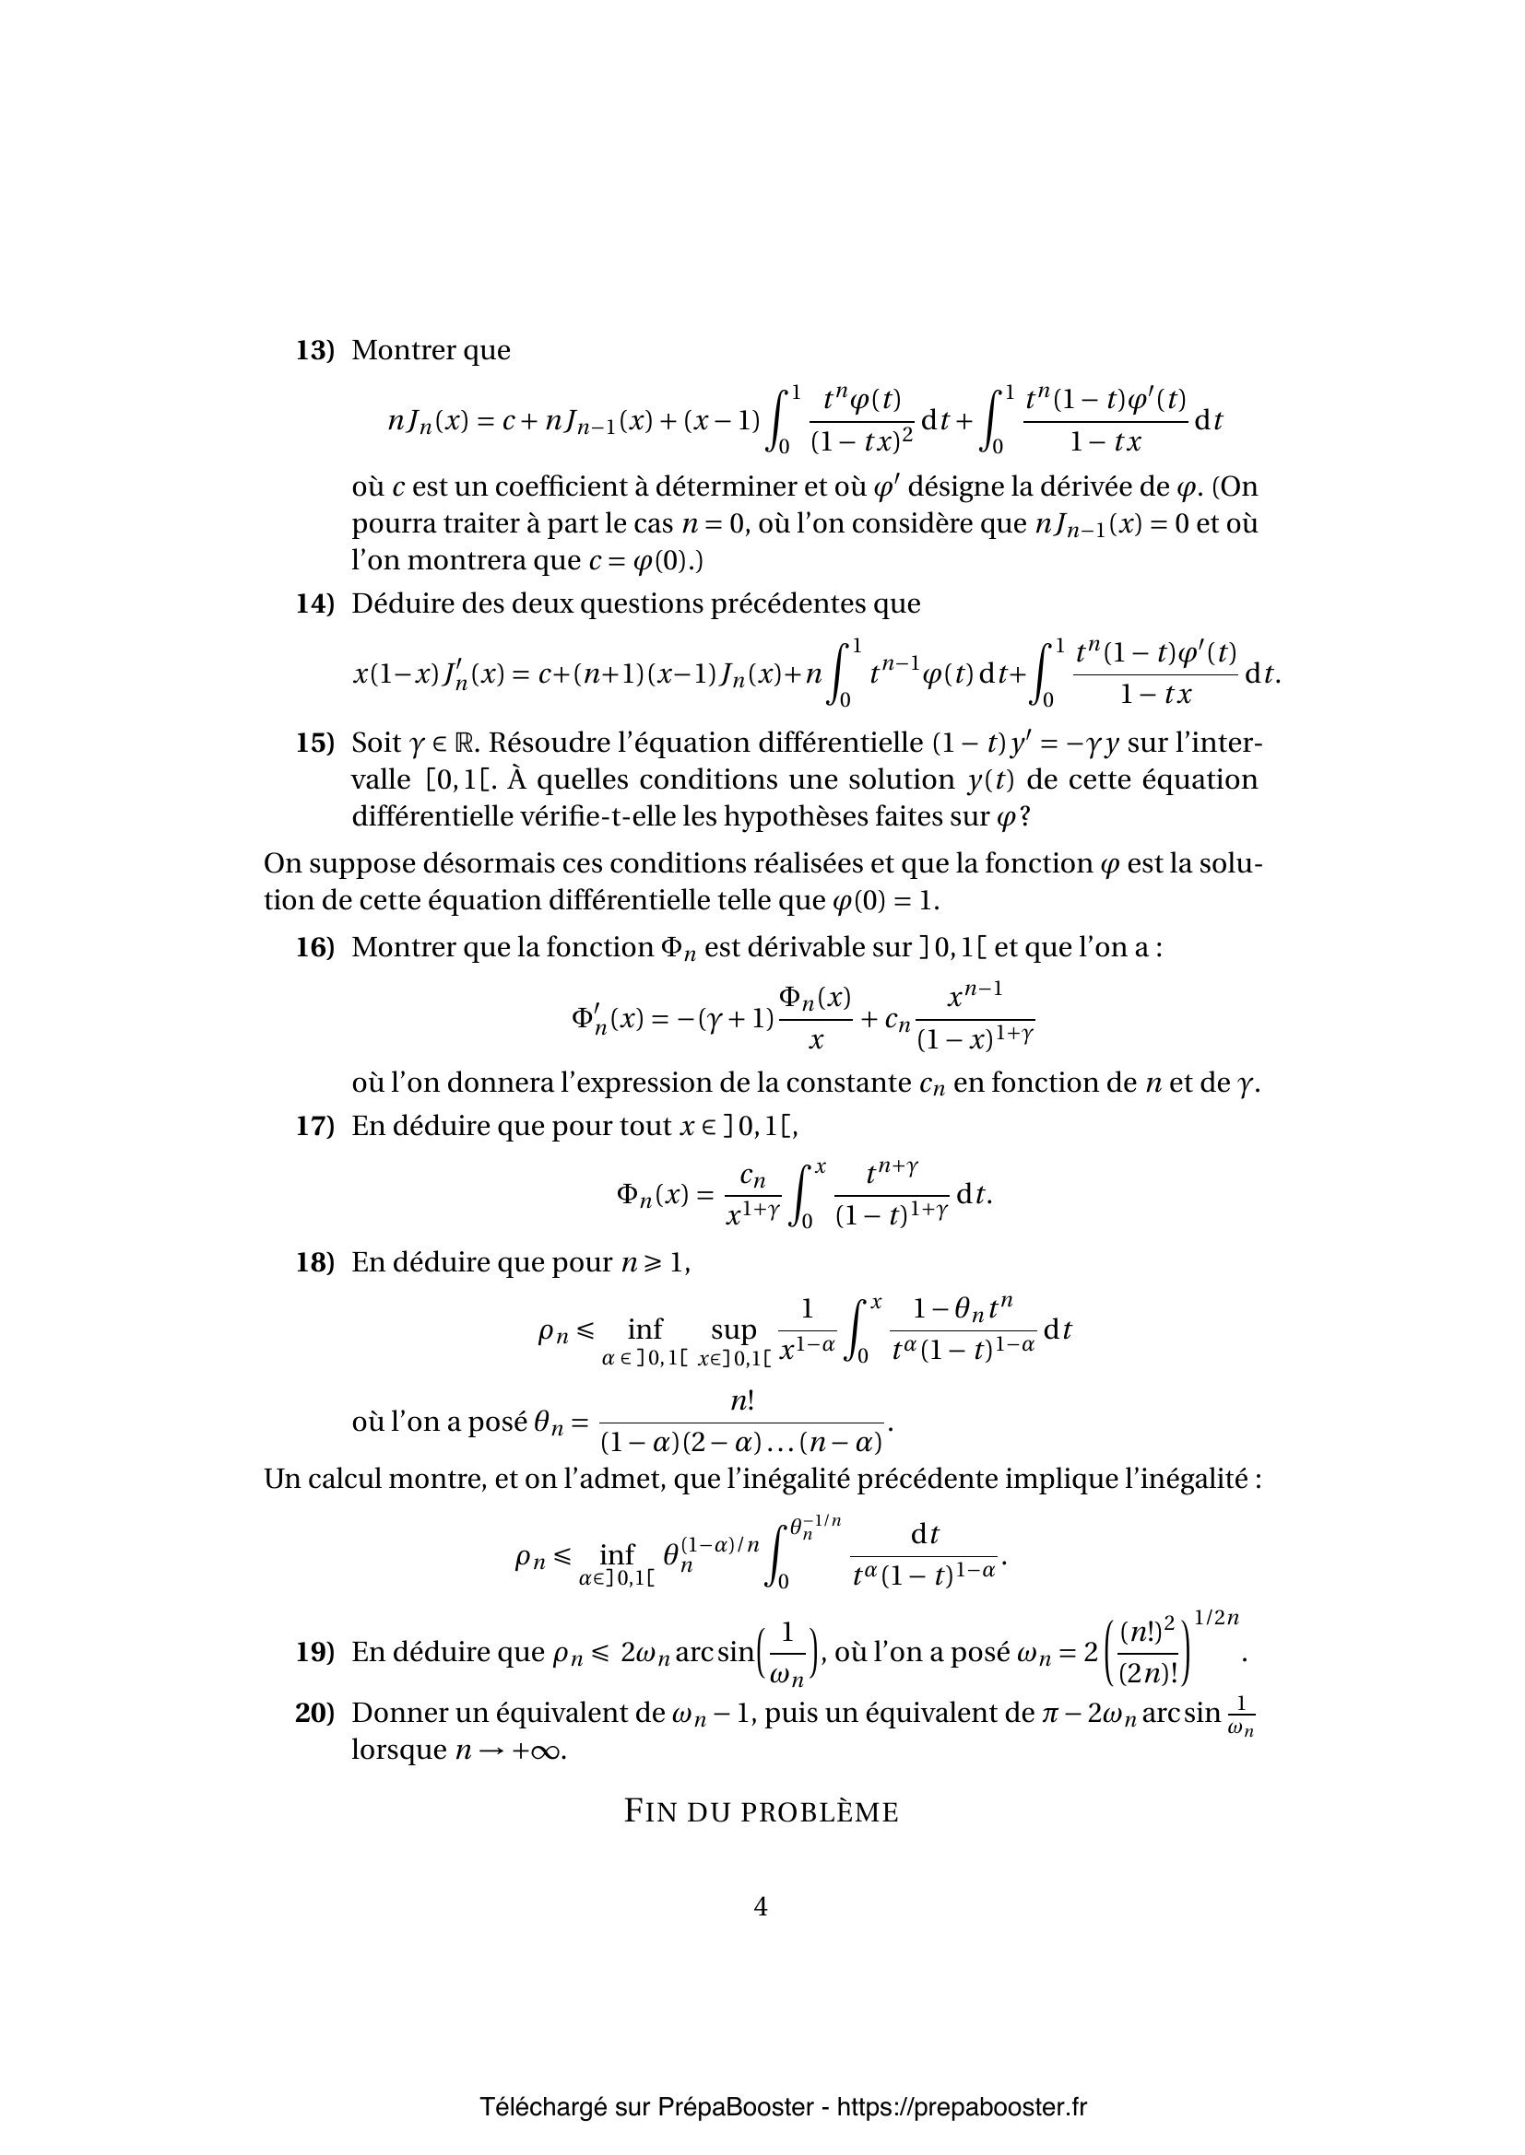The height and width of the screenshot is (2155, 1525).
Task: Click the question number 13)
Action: pyautogui.click(x=314, y=351)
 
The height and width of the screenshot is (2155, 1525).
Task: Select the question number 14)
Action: pyautogui.click(x=314, y=603)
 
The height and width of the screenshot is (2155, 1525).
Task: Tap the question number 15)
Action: pyautogui.click(x=314, y=744)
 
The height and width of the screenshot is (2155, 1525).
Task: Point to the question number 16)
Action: pyautogui.click(x=314, y=948)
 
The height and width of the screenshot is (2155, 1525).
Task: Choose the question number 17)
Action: pyautogui.click(x=314, y=1126)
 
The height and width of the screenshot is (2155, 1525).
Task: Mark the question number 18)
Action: pyautogui.click(x=314, y=1263)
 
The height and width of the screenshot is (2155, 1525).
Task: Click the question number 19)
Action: pyautogui.click(x=314, y=1653)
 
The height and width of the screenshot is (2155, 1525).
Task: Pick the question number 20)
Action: pyautogui.click(x=314, y=1714)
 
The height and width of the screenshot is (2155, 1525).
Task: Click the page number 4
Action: pyautogui.click(x=761, y=1906)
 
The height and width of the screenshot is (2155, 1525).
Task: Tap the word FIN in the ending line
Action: pyautogui.click(x=647, y=1811)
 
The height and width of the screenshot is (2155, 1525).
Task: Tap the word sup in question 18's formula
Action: pyautogui.click(x=733, y=1330)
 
